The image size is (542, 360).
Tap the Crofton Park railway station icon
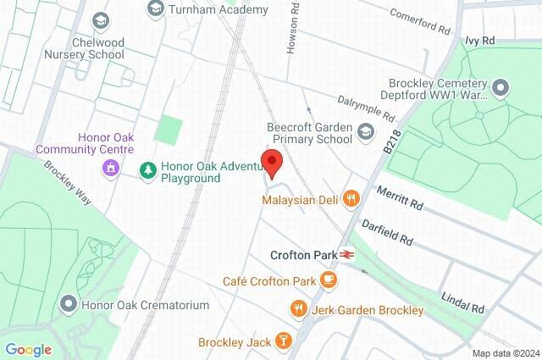[x=347, y=254]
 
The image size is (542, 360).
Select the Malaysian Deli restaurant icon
[x=351, y=199]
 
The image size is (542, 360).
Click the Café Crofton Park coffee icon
[x=328, y=280]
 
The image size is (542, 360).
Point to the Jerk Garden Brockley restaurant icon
[x=297, y=310]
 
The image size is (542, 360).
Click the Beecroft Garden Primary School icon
[x=365, y=131]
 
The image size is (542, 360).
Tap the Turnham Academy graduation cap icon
[x=155, y=9]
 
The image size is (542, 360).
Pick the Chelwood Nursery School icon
[x=101, y=19]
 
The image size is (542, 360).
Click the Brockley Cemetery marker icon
[x=501, y=87]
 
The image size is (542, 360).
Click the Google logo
[x=28, y=350]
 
